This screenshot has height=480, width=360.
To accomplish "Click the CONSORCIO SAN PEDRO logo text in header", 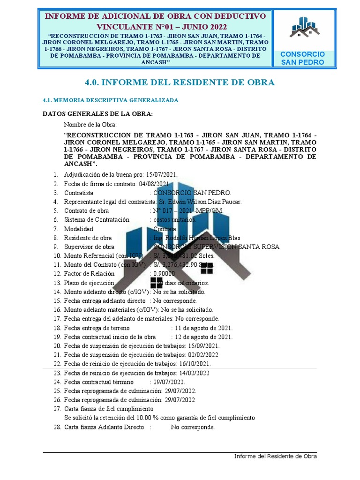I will [302, 58].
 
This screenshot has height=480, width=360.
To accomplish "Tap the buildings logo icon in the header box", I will [302, 27].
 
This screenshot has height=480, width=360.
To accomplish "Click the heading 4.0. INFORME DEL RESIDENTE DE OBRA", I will [180, 82].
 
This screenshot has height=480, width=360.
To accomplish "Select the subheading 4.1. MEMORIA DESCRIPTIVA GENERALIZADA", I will [110, 100].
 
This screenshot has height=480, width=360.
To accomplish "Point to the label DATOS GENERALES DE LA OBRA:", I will [97, 114].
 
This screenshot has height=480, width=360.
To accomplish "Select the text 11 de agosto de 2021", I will [204, 328].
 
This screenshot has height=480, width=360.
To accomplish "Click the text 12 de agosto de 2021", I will [204, 337].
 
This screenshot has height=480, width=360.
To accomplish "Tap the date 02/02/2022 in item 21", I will [202, 355].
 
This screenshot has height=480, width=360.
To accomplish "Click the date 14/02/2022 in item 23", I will [194, 373].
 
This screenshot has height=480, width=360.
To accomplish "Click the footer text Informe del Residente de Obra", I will [276, 456].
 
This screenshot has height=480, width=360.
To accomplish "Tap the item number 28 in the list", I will [57, 427].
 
